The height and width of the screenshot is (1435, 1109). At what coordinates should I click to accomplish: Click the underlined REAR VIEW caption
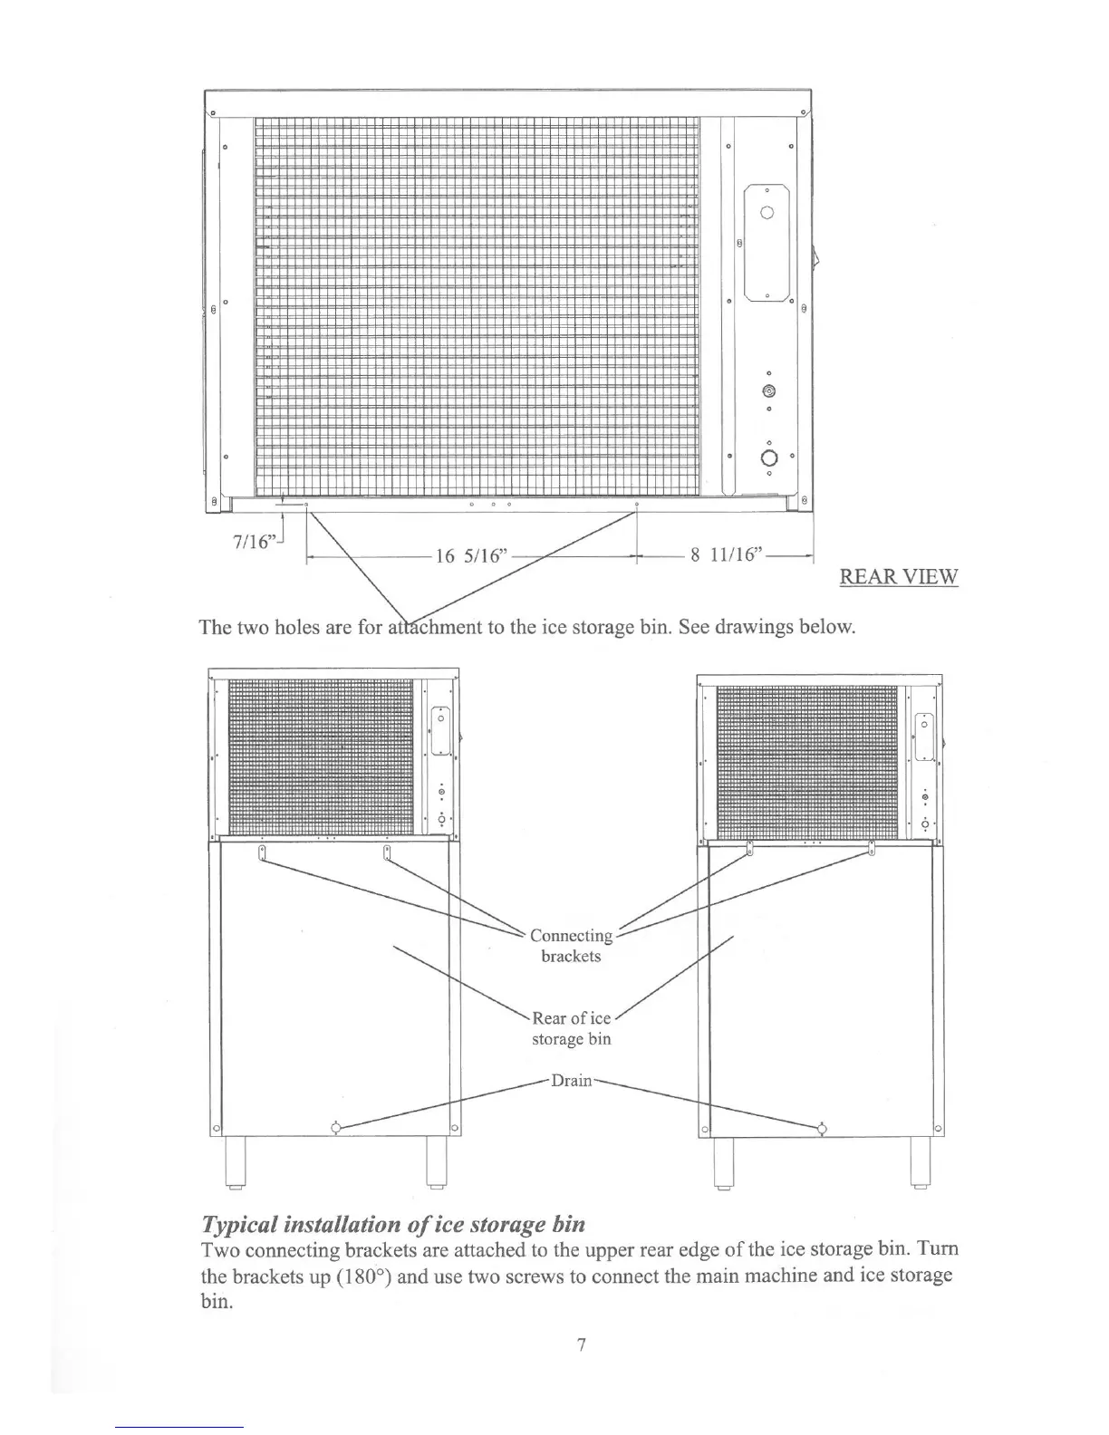[898, 577]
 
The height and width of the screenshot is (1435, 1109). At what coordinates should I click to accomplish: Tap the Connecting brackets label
[571, 946]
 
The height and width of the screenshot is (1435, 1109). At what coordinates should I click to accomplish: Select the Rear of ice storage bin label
[572, 1028]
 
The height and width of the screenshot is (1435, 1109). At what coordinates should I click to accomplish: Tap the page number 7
[581, 1345]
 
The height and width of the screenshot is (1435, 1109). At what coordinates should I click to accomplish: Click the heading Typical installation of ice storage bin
[392, 1225]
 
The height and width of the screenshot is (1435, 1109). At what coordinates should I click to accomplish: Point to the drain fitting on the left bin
[336, 1128]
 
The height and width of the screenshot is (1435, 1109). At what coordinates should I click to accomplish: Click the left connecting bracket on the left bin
[261, 853]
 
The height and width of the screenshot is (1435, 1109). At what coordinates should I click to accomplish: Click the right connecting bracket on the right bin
[872, 848]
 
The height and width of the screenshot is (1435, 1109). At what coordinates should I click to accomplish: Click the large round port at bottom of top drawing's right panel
[768, 457]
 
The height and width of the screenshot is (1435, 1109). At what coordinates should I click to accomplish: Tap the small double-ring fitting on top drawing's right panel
[768, 391]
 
